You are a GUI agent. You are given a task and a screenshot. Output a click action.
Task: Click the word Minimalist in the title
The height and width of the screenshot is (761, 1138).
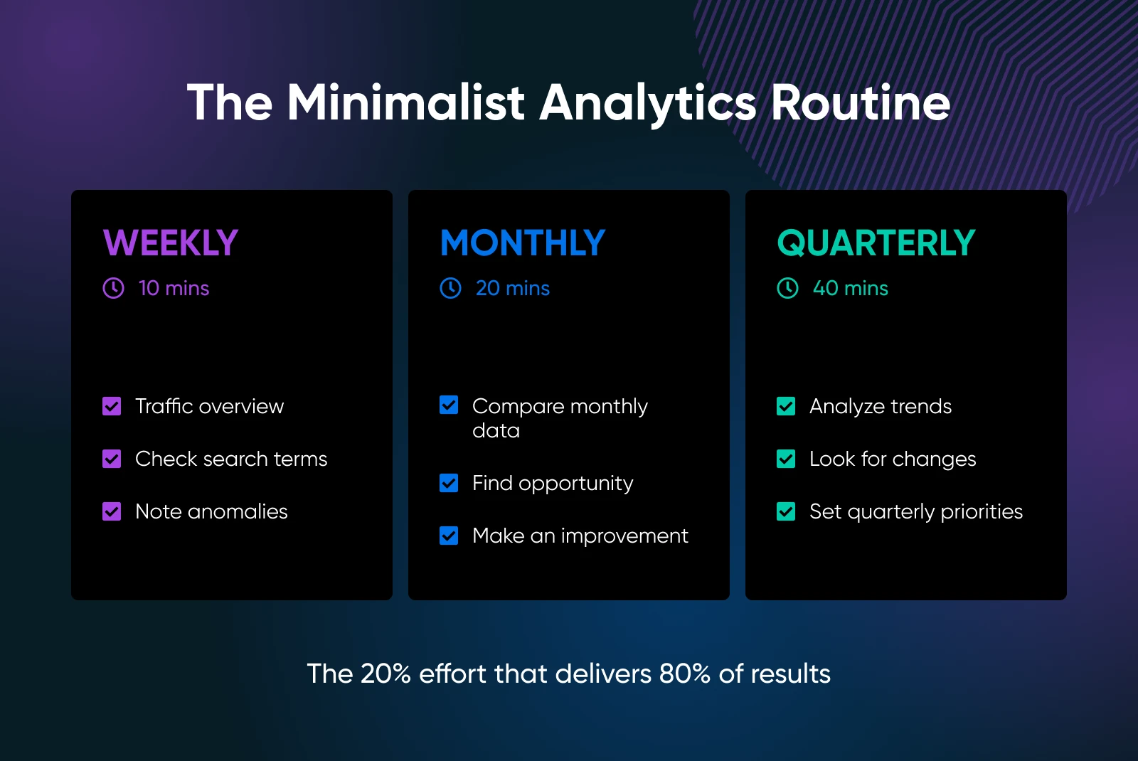pyautogui.click(x=406, y=102)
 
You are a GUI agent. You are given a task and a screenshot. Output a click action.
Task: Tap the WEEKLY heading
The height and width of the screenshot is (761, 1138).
pyautogui.click(x=171, y=243)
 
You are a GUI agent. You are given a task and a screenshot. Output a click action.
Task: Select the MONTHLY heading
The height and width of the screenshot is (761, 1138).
pyautogui.click(x=523, y=243)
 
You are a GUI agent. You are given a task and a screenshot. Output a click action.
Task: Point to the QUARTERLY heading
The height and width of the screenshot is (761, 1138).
pyautogui.click(x=876, y=243)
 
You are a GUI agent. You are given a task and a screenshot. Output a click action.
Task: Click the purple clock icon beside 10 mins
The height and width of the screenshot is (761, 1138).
pyautogui.click(x=113, y=288)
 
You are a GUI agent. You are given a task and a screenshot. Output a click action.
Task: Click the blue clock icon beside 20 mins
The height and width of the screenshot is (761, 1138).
pyautogui.click(x=451, y=288)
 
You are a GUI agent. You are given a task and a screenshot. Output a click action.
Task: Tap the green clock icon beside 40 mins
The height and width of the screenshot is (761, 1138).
pyautogui.click(x=787, y=288)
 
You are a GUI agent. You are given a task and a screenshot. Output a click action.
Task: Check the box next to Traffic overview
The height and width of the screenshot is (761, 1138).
pyautogui.click(x=112, y=406)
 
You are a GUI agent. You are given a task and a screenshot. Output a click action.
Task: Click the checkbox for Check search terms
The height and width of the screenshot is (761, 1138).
pyautogui.click(x=112, y=459)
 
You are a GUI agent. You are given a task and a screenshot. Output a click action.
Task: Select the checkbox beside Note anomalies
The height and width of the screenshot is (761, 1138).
pyautogui.click(x=112, y=511)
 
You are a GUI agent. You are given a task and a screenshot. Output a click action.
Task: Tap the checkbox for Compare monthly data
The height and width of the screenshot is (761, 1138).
pyautogui.click(x=449, y=405)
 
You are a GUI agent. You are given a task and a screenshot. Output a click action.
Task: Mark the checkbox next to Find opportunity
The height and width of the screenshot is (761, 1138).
pyautogui.click(x=449, y=483)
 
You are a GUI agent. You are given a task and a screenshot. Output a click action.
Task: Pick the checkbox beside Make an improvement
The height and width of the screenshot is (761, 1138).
pyautogui.click(x=449, y=536)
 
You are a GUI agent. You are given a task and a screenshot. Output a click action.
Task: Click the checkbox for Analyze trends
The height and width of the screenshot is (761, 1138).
pyautogui.click(x=786, y=406)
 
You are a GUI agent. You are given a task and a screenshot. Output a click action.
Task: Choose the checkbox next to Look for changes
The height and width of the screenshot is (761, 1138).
pyautogui.click(x=786, y=459)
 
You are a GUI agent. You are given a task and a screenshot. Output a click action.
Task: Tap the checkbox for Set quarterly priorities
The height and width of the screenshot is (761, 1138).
pyautogui.click(x=786, y=511)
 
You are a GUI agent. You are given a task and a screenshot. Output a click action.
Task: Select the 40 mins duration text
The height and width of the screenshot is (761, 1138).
pyautogui.click(x=851, y=289)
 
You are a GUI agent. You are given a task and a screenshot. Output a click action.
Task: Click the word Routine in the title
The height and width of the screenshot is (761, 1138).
pyautogui.click(x=861, y=102)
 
